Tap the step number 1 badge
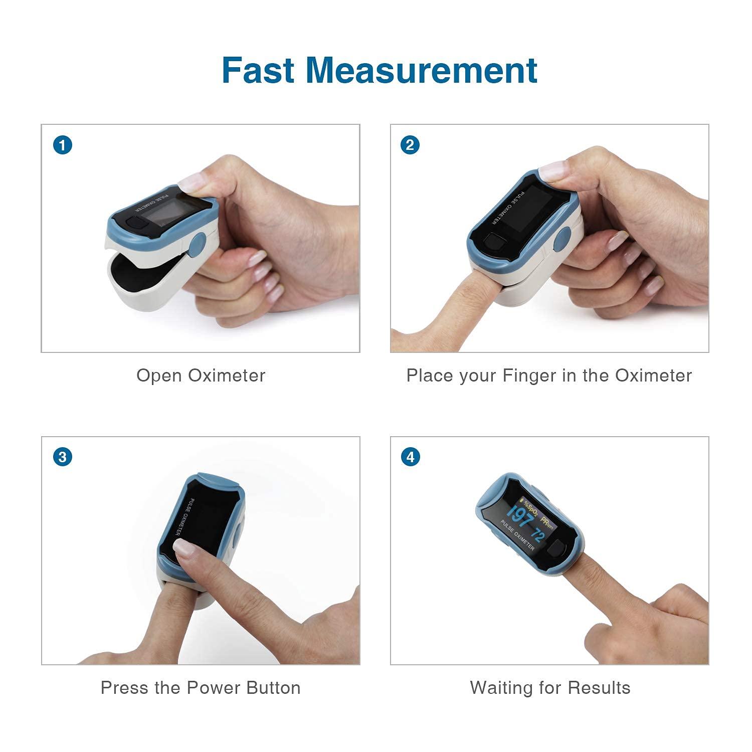[62, 145]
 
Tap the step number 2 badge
[410, 145]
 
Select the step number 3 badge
[62, 457]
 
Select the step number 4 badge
[410, 457]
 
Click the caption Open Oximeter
[201, 375]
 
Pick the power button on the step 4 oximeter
[555, 550]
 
